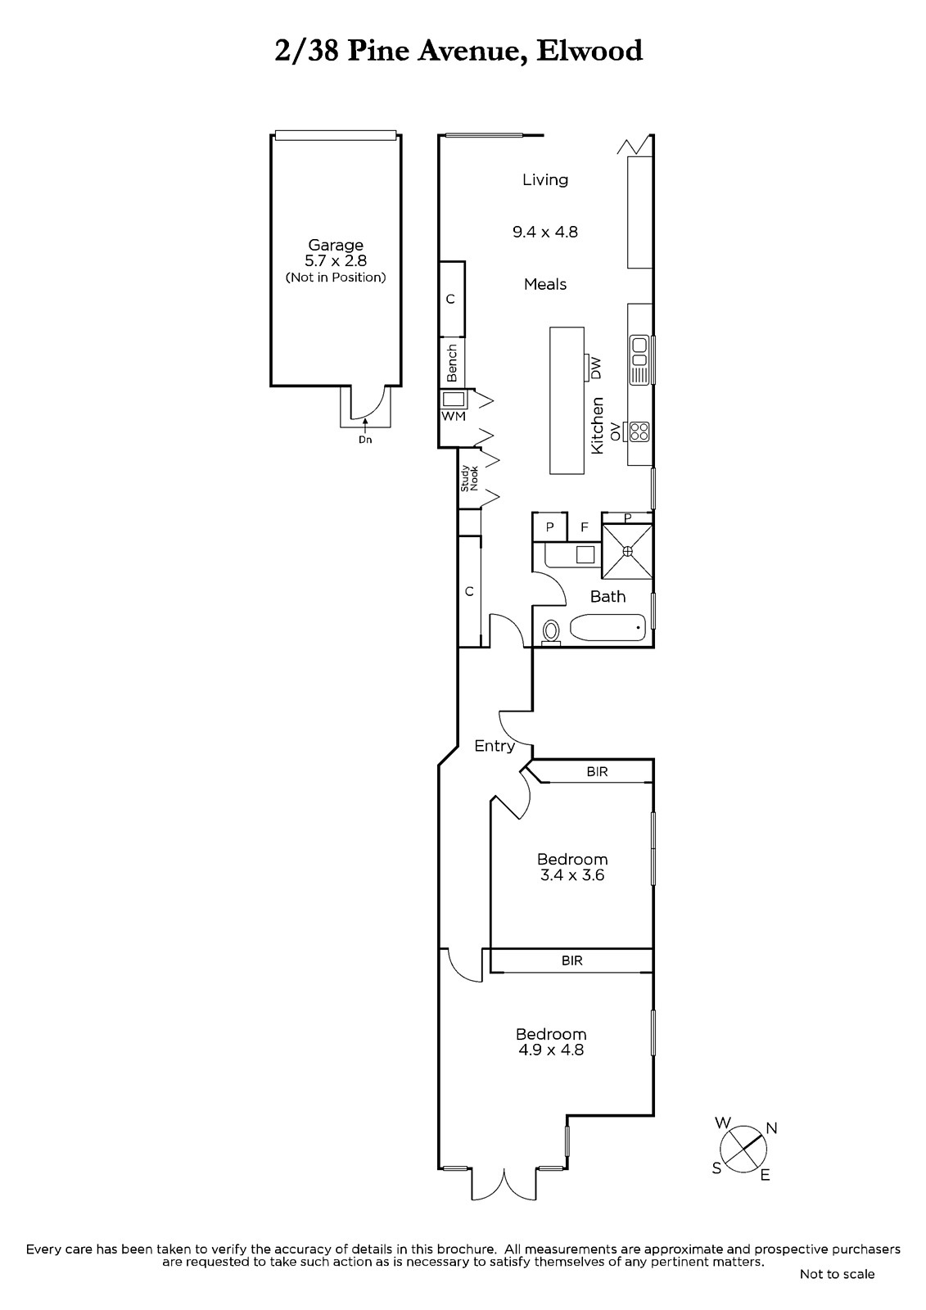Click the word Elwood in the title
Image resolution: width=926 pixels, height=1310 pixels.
(x=589, y=51)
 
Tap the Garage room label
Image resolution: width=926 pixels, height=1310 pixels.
(x=336, y=245)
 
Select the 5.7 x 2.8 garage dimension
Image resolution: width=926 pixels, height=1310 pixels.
(x=336, y=261)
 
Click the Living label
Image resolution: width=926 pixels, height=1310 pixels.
(x=545, y=179)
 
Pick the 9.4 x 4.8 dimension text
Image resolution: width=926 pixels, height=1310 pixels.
(x=545, y=233)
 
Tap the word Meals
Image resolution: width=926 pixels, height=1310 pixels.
(x=545, y=284)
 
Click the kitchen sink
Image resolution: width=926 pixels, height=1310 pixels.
(x=639, y=359)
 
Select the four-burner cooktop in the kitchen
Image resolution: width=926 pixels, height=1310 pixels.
(x=639, y=432)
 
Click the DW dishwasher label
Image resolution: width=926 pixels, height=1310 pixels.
(x=596, y=368)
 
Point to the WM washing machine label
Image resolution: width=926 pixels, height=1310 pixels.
(x=454, y=416)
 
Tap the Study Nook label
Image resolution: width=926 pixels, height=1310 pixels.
(x=469, y=478)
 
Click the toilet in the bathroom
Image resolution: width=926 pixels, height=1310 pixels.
(x=551, y=632)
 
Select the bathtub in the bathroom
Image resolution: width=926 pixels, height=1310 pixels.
(x=608, y=628)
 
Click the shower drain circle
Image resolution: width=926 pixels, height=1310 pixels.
(x=628, y=552)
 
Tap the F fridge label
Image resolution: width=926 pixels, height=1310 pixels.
(x=585, y=527)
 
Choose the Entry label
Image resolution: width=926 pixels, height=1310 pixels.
(x=495, y=747)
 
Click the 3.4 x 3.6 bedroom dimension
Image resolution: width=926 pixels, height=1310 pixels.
(x=572, y=875)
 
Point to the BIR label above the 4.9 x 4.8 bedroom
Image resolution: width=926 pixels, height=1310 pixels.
(x=572, y=961)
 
